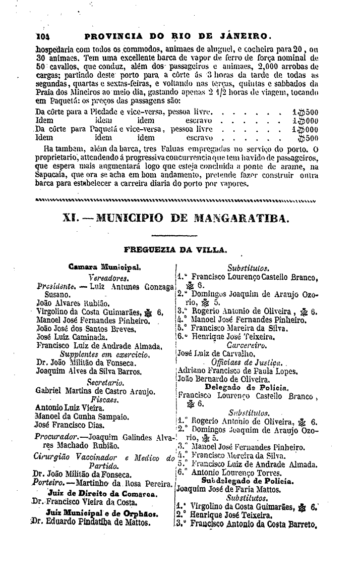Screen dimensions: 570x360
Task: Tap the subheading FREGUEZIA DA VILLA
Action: (175, 249)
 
